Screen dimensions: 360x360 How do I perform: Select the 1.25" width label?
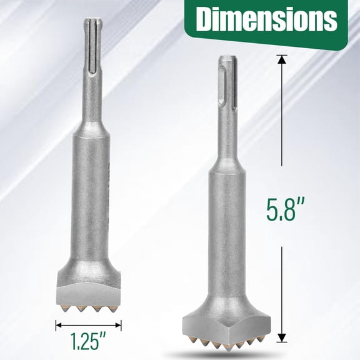[x=87, y=343]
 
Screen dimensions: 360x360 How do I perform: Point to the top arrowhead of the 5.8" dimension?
[x=281, y=60]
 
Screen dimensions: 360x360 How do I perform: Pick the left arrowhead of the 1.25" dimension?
[x=59, y=324]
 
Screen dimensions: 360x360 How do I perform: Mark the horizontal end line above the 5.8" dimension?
[x=281, y=56]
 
